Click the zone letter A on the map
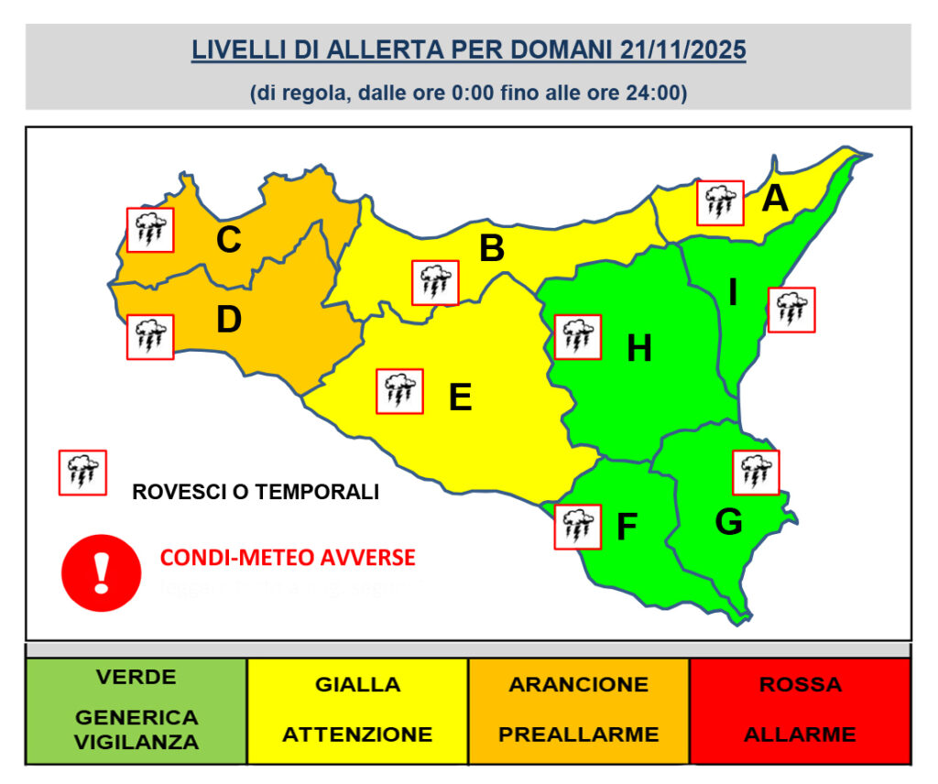776,198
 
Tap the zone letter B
492,248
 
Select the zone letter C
228,240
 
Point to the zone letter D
228,320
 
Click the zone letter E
460,397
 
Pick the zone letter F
627,528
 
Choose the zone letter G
728,521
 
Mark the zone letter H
638,348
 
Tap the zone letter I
733,292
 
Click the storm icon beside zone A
719,202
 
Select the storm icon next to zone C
149,230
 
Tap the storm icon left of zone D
149,336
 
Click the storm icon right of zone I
791,310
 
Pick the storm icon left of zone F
577,527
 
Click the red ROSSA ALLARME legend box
800,710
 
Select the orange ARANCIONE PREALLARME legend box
578,710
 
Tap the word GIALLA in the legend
357,685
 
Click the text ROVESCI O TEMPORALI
256,492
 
